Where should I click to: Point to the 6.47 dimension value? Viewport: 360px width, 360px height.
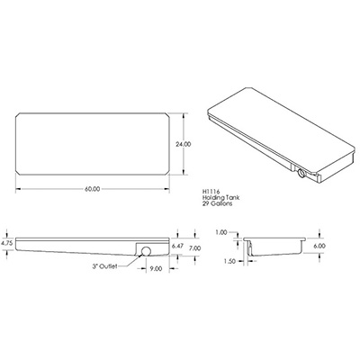pyautogui.click(x=178, y=246)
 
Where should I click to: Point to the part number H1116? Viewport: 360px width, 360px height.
pyautogui.click(x=214, y=191)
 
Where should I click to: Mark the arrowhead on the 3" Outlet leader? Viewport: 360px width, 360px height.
pyautogui.click(x=138, y=255)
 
